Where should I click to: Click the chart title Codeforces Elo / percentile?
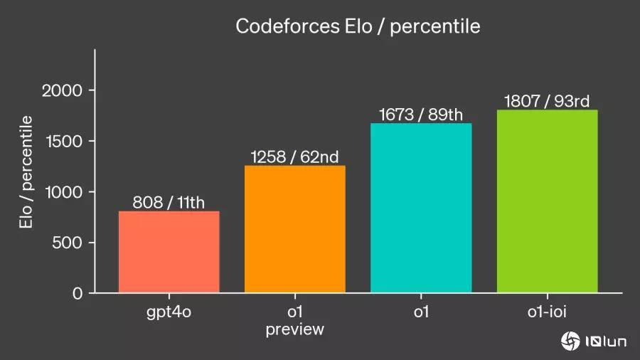(358, 27)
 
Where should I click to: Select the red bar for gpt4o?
(169, 252)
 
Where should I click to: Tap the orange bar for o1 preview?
(294, 229)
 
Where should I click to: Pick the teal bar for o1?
(421, 208)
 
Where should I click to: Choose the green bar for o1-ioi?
(547, 201)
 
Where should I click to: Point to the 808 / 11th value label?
(169, 203)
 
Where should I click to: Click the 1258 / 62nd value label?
(294, 157)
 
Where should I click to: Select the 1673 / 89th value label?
(421, 115)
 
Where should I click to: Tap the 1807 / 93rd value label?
(547, 101)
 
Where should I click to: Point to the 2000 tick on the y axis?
(62, 90)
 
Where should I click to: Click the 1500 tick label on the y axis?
(64, 141)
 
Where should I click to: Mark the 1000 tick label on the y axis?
(64, 192)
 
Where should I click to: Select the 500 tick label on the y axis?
(68, 243)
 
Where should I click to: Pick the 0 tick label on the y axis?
(78, 293)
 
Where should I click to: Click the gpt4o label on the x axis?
(169, 312)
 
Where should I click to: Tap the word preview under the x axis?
(294, 329)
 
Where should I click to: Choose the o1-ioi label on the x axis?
(547, 312)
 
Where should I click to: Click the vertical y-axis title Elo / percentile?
(26, 172)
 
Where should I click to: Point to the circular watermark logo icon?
(570, 342)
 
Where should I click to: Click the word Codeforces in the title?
(288, 26)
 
